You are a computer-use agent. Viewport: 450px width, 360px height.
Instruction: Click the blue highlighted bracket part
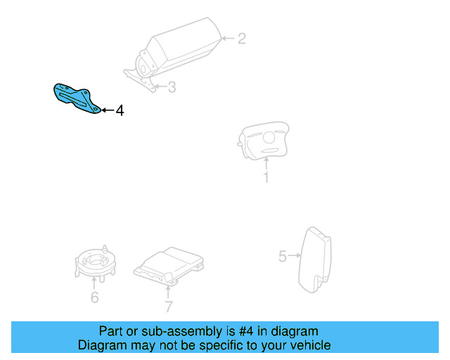click(75, 98)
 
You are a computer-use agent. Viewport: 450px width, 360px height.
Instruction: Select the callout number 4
click(120, 110)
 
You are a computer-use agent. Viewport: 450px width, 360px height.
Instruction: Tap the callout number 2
click(242, 39)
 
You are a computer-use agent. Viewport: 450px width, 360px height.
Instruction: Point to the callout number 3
click(172, 87)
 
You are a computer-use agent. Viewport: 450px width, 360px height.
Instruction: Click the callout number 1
click(266, 177)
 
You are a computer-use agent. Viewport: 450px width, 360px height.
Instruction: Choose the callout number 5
click(283, 257)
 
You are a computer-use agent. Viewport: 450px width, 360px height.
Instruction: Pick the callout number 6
click(95, 297)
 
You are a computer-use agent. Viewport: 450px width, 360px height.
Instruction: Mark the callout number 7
click(169, 307)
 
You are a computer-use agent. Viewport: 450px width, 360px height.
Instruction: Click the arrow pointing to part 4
click(108, 110)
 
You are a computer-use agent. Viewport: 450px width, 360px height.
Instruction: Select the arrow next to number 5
click(295, 255)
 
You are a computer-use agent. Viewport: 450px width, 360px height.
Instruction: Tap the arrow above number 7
click(168, 292)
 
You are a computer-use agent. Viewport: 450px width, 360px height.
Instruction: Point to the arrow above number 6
click(94, 283)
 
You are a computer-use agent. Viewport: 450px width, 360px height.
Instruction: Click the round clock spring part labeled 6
click(95, 264)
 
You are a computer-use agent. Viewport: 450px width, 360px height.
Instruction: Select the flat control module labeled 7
click(169, 266)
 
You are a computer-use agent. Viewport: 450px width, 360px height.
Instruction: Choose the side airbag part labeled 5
click(315, 260)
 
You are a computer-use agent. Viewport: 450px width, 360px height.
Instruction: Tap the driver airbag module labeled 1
click(263, 141)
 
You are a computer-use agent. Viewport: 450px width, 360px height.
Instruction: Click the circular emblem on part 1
click(269, 137)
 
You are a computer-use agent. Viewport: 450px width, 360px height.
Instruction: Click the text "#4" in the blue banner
click(246, 331)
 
